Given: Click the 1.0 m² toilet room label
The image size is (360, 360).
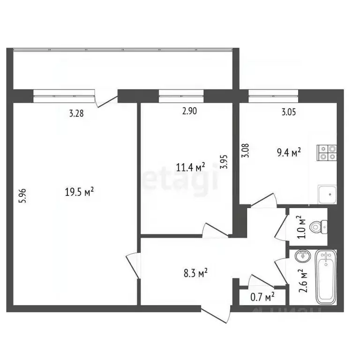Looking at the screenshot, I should coord(302,227).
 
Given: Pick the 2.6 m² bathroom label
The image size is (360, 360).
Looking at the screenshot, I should coord(303,280).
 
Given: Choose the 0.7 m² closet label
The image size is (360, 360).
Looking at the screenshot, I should coord(262,296).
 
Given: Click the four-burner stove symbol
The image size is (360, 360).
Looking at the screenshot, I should coord(327,153).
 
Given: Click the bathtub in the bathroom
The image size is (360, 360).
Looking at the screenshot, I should coord(326,276).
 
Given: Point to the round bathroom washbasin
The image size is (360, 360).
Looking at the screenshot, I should coord(303,256).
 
